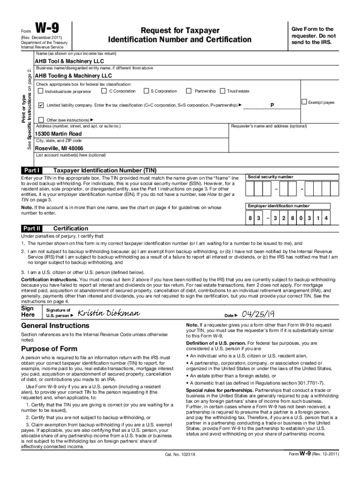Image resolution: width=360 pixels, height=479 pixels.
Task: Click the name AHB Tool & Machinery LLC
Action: pos(69,61)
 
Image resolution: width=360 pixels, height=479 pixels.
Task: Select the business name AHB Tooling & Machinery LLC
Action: pos(73,75)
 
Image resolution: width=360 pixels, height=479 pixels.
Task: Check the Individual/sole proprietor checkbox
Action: pos(40,91)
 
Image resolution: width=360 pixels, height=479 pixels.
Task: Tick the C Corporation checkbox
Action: pos(104,91)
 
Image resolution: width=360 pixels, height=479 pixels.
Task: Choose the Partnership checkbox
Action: pos(189,91)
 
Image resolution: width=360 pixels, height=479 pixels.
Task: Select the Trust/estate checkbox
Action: pos(223,91)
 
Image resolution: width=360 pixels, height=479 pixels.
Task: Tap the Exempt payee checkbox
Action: pos(304,102)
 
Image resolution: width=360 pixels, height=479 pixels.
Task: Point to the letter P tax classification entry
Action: pos(272,105)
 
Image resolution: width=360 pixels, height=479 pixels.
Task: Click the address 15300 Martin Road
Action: pos(58,134)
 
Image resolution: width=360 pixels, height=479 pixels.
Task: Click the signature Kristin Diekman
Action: pos(108,313)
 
